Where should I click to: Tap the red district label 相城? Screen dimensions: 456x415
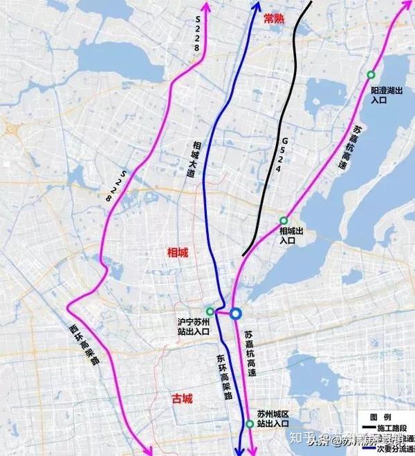178,253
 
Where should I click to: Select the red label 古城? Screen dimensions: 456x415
182,399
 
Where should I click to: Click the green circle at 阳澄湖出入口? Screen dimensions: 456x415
371,75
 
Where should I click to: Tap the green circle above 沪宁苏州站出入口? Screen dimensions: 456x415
210,311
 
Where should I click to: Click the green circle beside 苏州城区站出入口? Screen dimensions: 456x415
249,424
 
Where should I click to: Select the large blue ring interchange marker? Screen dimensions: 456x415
236,314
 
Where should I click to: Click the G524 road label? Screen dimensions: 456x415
284,156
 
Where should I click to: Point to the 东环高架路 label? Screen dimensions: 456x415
222,380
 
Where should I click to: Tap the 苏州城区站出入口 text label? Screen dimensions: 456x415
272,418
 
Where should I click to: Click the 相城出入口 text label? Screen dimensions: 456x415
288,235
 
